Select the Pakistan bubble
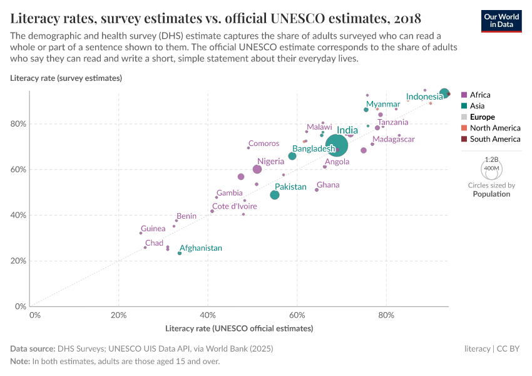[x=275, y=195]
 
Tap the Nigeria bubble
[x=257, y=169]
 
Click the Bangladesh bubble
[x=292, y=156]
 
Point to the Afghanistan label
[x=201, y=248]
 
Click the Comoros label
[x=263, y=144]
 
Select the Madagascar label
[x=394, y=139]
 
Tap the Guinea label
[x=153, y=229]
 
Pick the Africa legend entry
[x=480, y=95]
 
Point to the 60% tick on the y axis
[x=19, y=169]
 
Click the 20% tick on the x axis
[x=118, y=315]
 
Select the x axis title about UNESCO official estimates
[x=239, y=328]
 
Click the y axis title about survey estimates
[x=66, y=78]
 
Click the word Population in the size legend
[x=491, y=194]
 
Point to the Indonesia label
[x=424, y=97]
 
